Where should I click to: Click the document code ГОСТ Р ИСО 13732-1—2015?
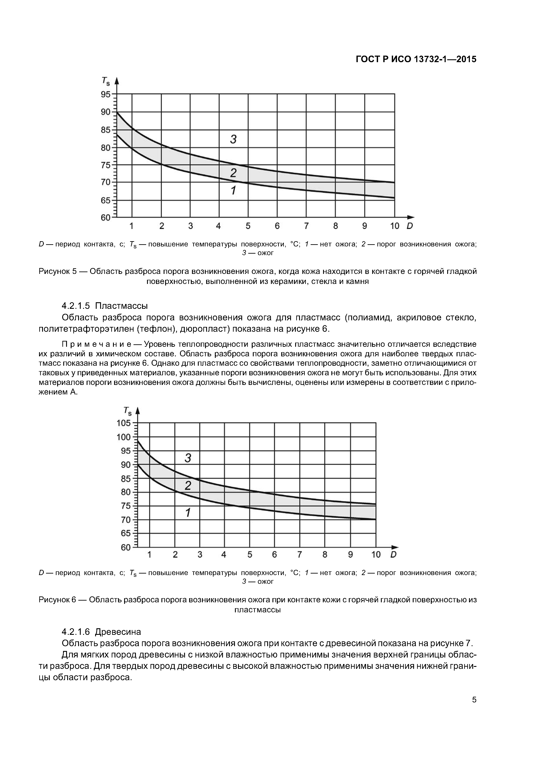(416, 59)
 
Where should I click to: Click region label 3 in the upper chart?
(233, 139)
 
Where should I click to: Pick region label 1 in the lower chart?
(188, 512)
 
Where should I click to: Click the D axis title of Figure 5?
(410, 226)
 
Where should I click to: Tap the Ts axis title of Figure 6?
(128, 412)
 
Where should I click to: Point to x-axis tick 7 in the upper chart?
(306, 226)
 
